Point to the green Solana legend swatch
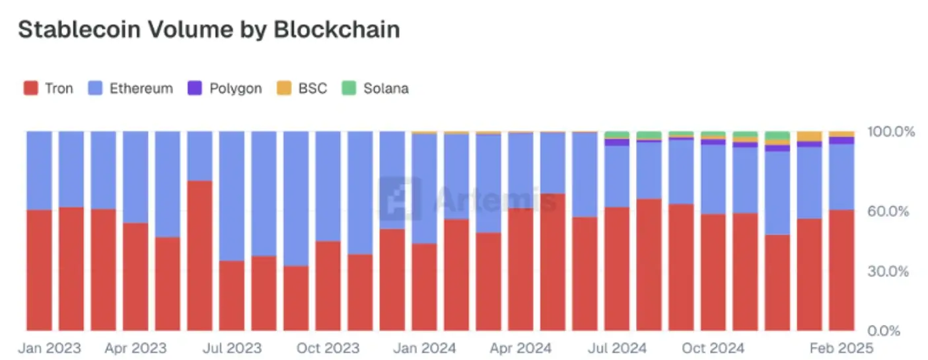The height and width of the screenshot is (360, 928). (349, 88)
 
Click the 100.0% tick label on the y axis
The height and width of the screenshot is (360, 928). (892, 132)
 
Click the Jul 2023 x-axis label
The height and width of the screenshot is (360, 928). (232, 347)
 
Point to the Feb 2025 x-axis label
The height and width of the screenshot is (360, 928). (841, 347)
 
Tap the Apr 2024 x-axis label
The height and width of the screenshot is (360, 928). (520, 347)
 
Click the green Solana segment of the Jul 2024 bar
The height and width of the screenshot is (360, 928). (617, 135)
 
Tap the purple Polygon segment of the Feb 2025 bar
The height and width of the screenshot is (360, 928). (841, 140)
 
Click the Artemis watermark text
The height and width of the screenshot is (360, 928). (495, 198)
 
